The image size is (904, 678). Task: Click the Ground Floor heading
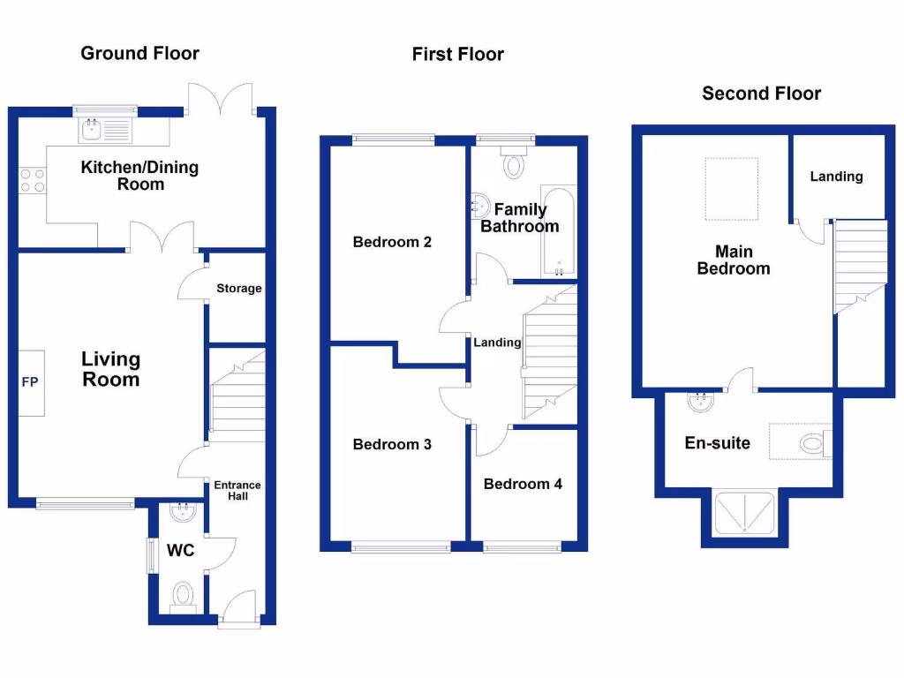pos(139,53)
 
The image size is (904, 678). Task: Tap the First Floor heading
pos(457,55)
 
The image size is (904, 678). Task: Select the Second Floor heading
pos(761,94)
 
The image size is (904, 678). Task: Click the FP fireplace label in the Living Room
pos(30,383)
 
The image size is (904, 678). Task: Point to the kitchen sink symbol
pos(103,132)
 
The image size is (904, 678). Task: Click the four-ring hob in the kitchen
pos(32,181)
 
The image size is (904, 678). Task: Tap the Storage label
pos(238,289)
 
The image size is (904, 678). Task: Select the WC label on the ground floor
pos(181,551)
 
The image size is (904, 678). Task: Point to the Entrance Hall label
pos(237,491)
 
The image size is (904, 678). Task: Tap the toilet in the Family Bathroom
pos(513,162)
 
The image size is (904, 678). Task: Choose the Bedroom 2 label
pos(392,242)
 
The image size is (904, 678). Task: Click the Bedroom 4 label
pos(523,484)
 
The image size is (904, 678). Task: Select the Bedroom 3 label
pos(392,444)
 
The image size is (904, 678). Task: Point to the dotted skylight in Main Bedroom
pos(732,189)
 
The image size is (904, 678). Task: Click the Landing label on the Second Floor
pos(836,177)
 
